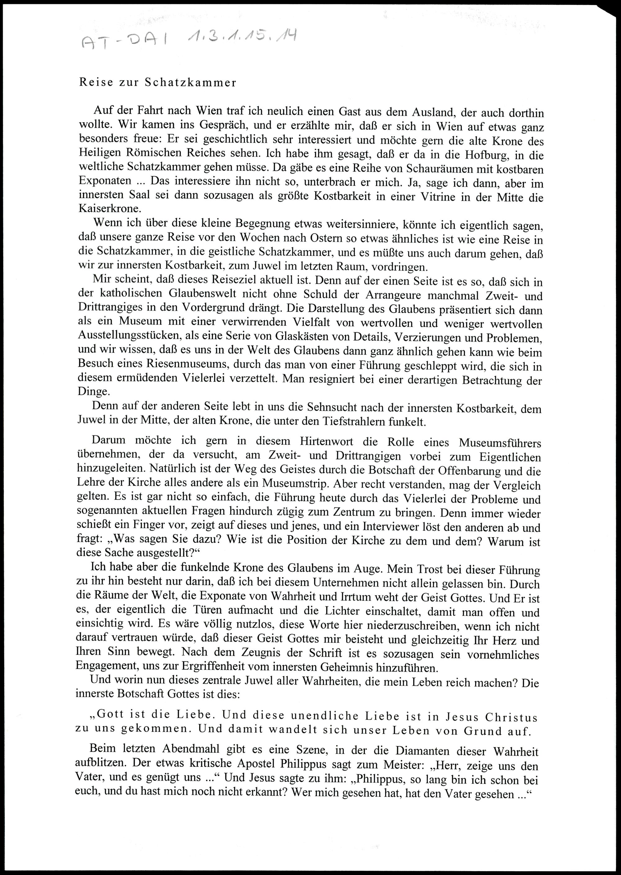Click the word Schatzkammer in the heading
(190, 83)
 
